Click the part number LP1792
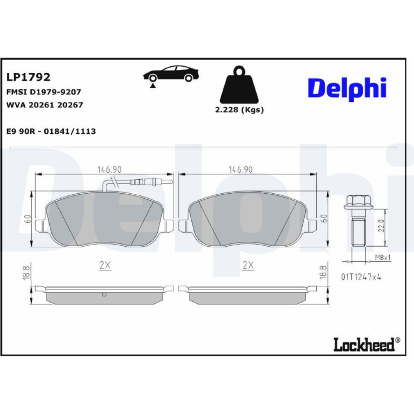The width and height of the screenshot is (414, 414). point(28,77)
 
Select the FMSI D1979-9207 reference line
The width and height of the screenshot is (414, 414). point(43,92)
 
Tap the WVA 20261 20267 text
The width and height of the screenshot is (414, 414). point(45,105)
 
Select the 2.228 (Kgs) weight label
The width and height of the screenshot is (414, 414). point(239,110)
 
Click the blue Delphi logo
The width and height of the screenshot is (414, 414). point(347,89)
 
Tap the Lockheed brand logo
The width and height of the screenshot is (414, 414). point(367,344)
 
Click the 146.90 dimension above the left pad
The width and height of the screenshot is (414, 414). point(110,169)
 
